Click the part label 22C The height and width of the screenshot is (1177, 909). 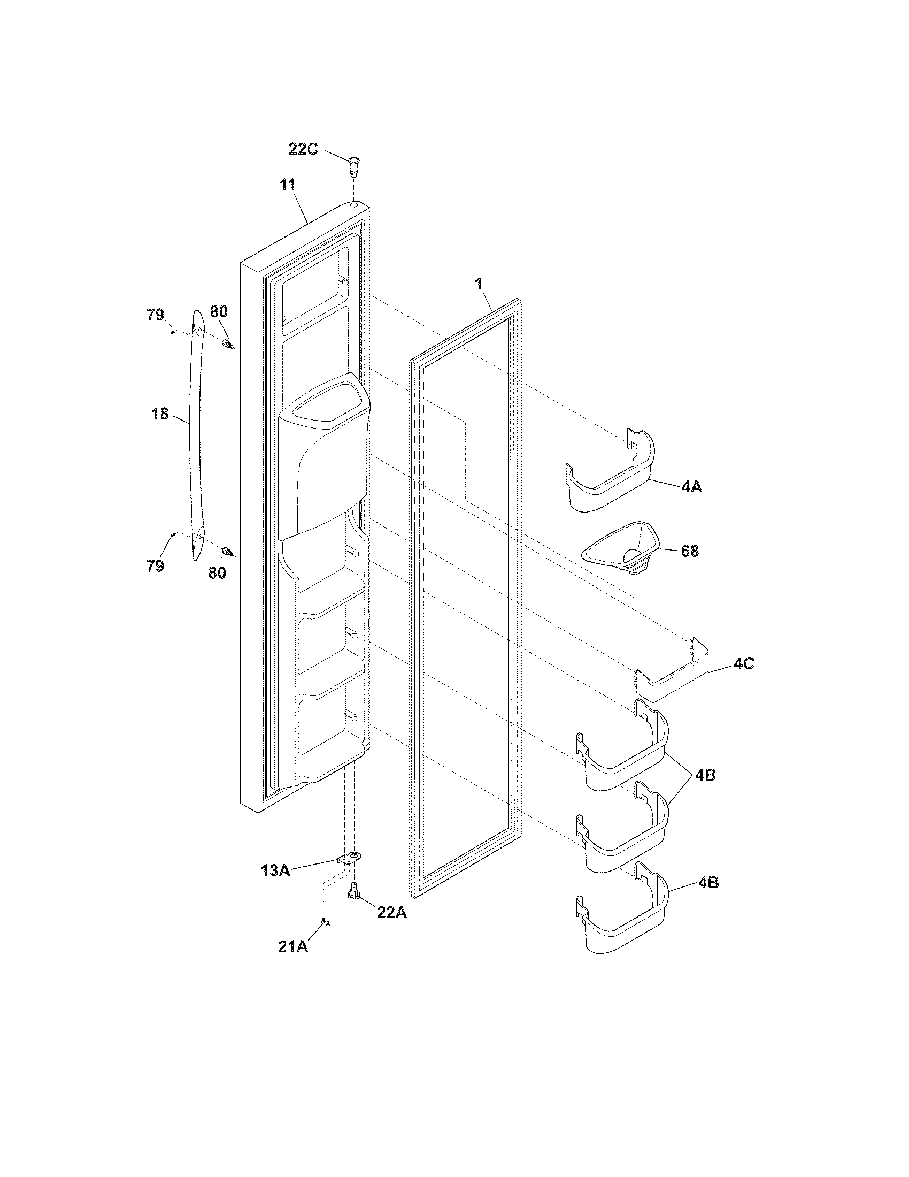click(303, 149)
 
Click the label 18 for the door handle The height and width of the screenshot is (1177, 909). click(160, 415)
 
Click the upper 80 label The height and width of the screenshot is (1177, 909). click(219, 311)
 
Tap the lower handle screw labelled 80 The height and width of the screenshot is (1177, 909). click(227, 551)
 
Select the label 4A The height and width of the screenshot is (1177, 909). click(691, 487)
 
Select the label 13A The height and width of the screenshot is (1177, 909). click(275, 870)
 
